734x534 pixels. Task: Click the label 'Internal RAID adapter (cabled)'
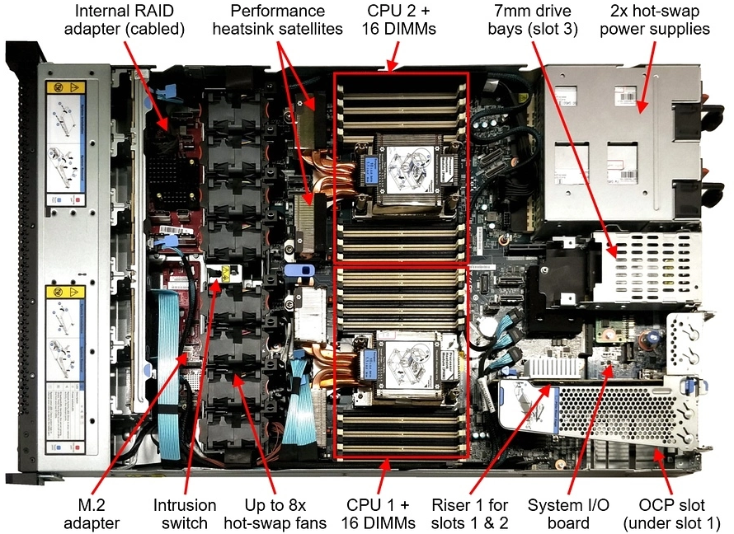point(129,21)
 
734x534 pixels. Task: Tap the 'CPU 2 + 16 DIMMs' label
point(398,21)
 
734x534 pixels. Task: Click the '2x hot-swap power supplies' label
point(660,21)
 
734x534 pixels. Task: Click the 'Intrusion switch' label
point(185,513)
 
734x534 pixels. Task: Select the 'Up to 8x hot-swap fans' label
point(275,513)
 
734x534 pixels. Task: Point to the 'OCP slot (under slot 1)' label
point(670,513)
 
